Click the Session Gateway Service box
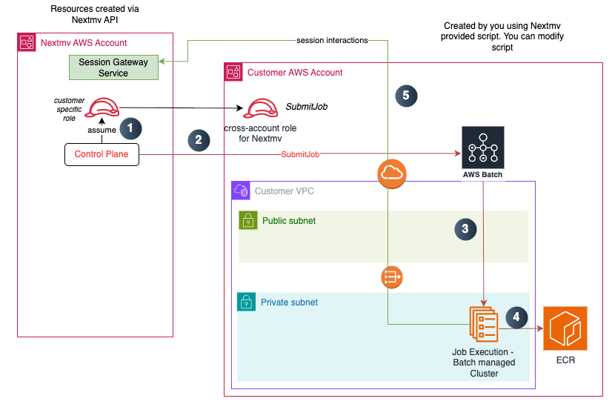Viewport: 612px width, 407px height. pyautogui.click(x=113, y=67)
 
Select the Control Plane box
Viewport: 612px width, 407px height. pyautogui.click(x=102, y=154)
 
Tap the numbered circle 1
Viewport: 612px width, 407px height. pyautogui.click(x=130, y=128)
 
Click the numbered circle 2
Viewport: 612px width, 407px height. pyautogui.click(x=198, y=139)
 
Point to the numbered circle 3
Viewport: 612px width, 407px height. pyautogui.click(x=465, y=229)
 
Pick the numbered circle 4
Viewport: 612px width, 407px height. pyautogui.click(x=516, y=318)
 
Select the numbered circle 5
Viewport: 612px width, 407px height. pyautogui.click(x=405, y=95)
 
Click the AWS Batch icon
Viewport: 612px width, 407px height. pyautogui.click(x=483, y=145)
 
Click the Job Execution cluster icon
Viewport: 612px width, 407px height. pyautogui.click(x=483, y=323)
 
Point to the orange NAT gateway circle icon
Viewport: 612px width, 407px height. pyautogui.click(x=392, y=277)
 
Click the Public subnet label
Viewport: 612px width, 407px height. pyautogui.click(x=288, y=221)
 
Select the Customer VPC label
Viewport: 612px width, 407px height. pyautogui.click(x=285, y=191)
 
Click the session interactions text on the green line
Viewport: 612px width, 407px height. pyautogui.click(x=331, y=40)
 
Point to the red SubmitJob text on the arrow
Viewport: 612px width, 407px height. pyautogui.click(x=302, y=154)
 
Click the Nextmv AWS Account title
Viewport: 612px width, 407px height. pyautogui.click(x=84, y=43)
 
